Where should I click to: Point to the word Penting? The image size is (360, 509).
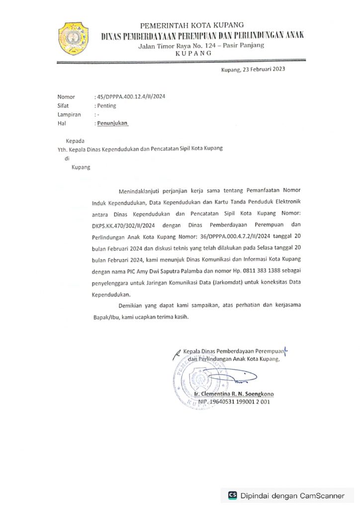106,106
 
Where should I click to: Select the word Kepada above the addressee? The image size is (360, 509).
76,141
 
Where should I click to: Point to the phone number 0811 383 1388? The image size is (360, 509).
236,271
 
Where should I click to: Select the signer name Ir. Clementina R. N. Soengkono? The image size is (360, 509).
234,394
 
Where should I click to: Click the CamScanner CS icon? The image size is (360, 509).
232,496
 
